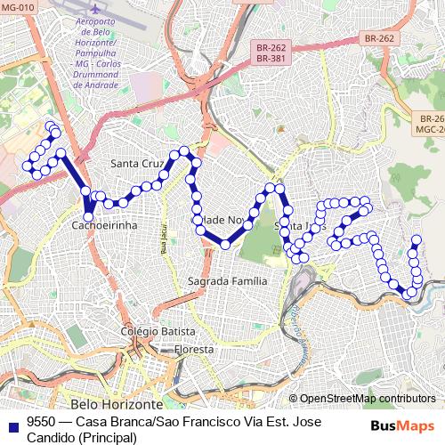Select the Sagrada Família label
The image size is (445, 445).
227,280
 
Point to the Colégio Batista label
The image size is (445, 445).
158,331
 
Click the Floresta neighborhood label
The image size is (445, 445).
194,349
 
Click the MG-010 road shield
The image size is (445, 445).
18,8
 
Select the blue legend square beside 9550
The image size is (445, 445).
13,422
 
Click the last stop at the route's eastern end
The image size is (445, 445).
416,239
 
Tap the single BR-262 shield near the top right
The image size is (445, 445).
379,39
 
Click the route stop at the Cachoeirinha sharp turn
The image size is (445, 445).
89,214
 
